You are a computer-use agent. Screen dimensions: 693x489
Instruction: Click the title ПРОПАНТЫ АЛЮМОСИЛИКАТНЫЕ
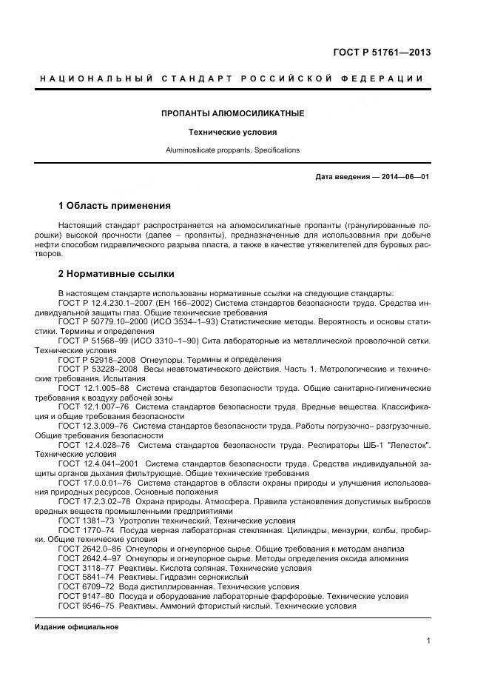[x=232, y=113]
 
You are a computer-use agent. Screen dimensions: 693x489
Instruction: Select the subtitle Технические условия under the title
[x=232, y=133]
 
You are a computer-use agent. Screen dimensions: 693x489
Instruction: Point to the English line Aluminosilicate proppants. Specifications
[x=232, y=150]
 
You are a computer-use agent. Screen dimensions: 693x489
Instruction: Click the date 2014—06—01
[x=405, y=177]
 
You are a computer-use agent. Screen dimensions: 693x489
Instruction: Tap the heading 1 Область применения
[x=114, y=205]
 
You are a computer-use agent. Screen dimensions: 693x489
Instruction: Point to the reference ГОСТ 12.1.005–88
[x=94, y=387]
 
